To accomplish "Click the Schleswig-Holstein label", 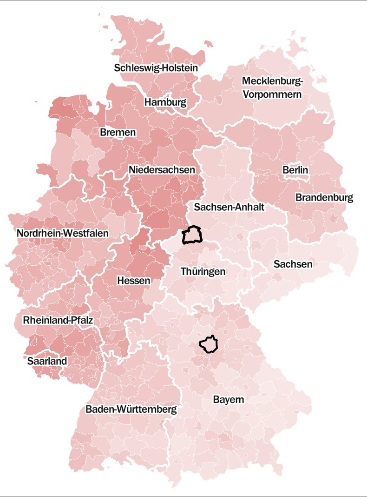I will pos(156,68).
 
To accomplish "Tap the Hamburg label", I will pos(165,102).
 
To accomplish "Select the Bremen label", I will pos(118,133).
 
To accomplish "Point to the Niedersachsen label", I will pos(162,170).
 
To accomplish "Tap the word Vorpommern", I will pos(272,95).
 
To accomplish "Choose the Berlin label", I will pos(295,170).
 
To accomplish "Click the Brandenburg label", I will pos(324,198).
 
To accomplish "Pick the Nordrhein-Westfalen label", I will pos(63,233).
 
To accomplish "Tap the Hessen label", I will pos(134,281).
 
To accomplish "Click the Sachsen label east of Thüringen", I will pos(293,265).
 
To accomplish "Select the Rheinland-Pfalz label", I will pos(58,321).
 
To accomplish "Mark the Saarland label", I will pos(47,361).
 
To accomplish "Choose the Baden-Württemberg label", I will pos(131,410).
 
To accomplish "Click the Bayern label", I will pos(229,400).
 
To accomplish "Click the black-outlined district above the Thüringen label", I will pos(192,235).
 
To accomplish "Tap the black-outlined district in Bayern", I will pos(210,344).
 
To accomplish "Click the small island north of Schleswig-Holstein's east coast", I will pos(209,45).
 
